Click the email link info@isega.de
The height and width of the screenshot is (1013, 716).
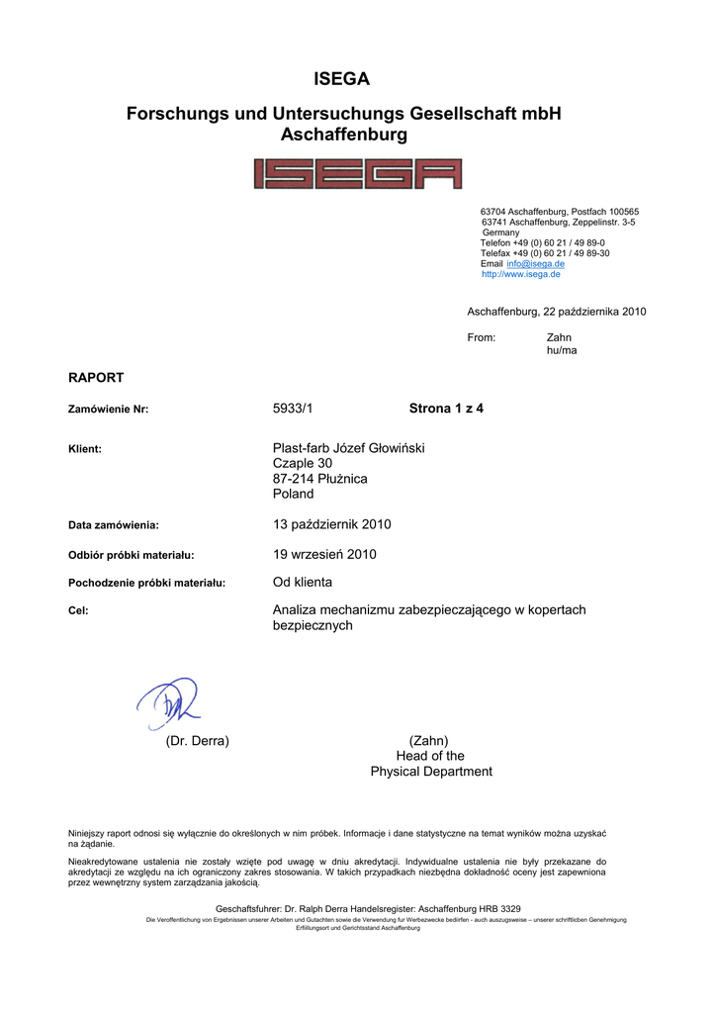[x=535, y=264]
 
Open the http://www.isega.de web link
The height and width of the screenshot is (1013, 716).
[x=520, y=274]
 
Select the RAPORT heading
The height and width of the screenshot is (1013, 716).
[x=95, y=377]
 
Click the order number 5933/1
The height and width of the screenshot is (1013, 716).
[x=292, y=408]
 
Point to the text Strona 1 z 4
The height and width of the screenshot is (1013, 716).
[x=446, y=408]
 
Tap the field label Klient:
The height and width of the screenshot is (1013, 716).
[x=84, y=449]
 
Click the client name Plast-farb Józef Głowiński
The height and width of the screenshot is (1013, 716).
[x=348, y=448]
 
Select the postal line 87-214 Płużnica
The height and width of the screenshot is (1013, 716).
[x=319, y=479]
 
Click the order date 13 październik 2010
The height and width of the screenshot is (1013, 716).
[x=324, y=523]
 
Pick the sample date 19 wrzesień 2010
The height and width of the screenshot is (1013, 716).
[x=324, y=554]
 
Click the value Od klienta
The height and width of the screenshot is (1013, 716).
[x=302, y=582]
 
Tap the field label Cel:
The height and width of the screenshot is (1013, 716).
[x=78, y=611]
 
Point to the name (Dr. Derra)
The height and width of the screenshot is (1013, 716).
[x=197, y=741]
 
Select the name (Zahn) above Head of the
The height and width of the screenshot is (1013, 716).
[x=428, y=741]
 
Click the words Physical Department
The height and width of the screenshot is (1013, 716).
[x=431, y=772]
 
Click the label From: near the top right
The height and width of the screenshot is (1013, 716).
[x=481, y=338]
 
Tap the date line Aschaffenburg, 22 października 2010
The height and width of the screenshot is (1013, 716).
[x=556, y=312]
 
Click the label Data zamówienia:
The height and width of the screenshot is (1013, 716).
[x=113, y=525]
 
